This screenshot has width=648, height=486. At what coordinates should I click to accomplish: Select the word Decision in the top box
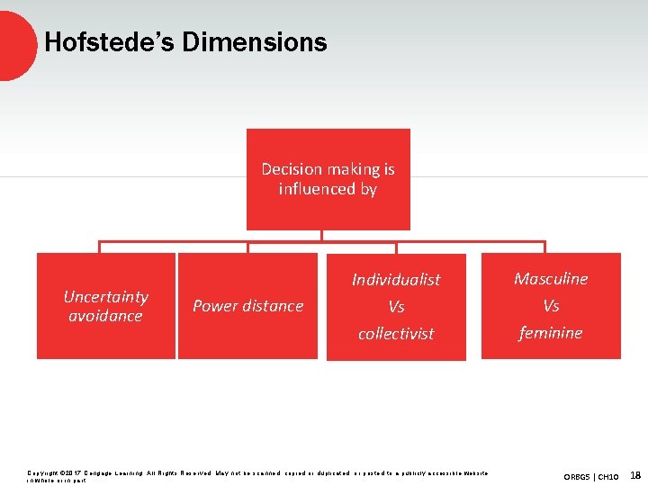(290, 169)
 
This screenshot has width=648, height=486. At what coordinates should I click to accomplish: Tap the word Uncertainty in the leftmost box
(106, 296)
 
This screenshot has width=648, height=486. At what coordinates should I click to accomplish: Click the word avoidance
(106, 316)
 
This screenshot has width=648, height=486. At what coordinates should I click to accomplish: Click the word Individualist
(396, 280)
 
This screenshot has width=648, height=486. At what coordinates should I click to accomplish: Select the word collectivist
(396, 334)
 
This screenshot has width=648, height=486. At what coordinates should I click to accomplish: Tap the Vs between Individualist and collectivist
(396, 307)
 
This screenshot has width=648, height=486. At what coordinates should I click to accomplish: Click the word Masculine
(551, 279)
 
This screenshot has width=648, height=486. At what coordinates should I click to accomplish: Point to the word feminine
(551, 333)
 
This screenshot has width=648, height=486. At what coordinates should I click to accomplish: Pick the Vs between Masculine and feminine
(551, 306)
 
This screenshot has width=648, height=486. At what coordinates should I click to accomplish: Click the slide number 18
(634, 474)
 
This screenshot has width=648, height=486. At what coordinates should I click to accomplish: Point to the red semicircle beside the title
(16, 43)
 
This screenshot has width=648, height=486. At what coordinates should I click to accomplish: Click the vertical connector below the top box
(321, 236)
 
